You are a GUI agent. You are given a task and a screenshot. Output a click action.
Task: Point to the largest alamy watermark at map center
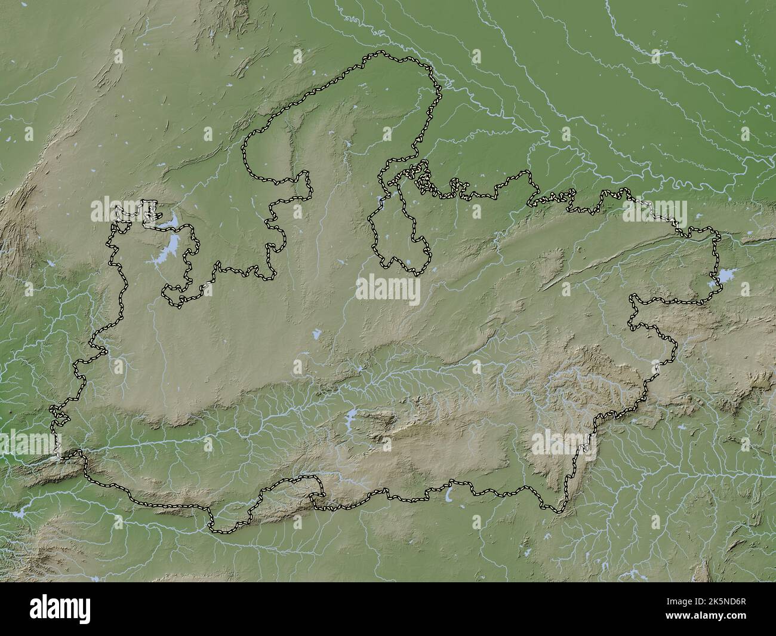[x=388, y=289]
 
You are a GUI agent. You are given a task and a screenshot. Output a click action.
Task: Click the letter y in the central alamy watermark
[x=414, y=291]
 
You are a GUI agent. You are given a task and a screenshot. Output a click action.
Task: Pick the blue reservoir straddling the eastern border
[x=724, y=276]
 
